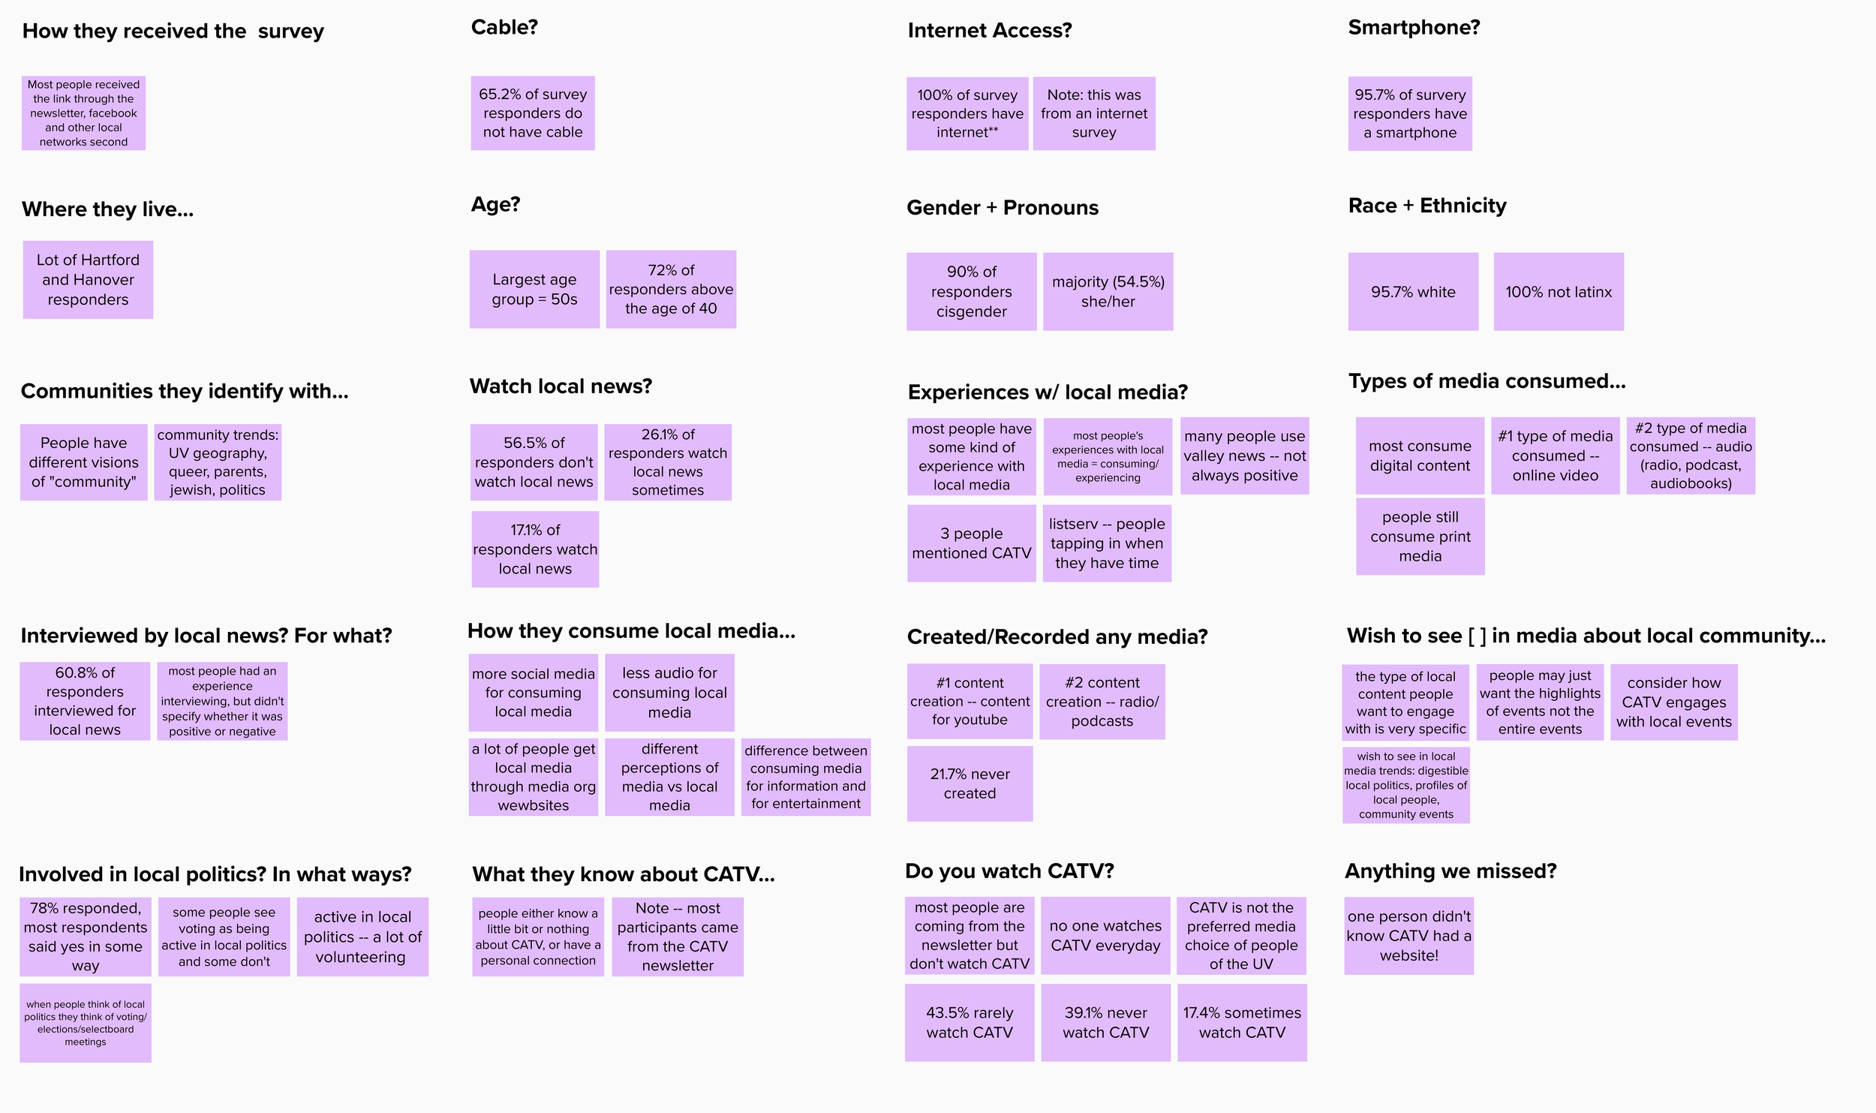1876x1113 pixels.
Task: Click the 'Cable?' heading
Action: click(x=504, y=28)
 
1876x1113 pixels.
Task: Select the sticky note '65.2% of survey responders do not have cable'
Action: click(x=533, y=113)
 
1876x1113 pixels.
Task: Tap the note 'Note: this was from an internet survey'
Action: click(x=1094, y=114)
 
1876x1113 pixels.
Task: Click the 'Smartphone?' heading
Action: click(x=1414, y=28)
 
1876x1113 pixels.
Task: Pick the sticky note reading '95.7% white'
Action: click(x=1413, y=292)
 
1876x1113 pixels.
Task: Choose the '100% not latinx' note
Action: click(x=1559, y=292)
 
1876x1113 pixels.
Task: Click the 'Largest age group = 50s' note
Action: click(x=534, y=290)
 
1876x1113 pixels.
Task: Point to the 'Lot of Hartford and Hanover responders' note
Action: click(x=88, y=280)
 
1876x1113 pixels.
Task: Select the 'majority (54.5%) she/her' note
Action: click(x=1108, y=292)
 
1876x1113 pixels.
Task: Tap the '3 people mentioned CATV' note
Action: click(x=971, y=543)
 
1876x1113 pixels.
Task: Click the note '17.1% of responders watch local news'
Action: click(x=535, y=549)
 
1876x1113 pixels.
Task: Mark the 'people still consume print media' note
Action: click(x=1420, y=537)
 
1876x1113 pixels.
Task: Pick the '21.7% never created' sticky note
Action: click(x=970, y=784)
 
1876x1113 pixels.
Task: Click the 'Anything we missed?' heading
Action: click(x=1451, y=871)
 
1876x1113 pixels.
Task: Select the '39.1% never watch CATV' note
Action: click(x=1105, y=1023)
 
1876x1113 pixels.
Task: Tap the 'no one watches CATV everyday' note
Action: click(x=1105, y=936)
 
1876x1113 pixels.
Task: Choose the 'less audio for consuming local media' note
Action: click(x=669, y=693)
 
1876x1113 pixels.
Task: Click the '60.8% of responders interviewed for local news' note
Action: click(x=85, y=701)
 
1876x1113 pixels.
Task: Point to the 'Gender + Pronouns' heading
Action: click(x=1003, y=208)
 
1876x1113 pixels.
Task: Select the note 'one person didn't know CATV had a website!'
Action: click(x=1409, y=936)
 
